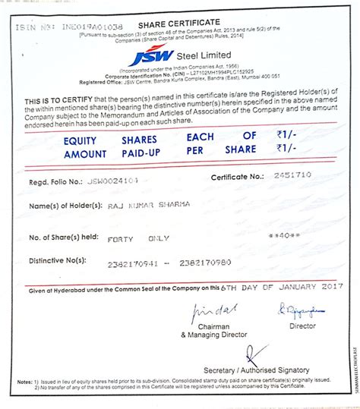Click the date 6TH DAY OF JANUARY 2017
coord(270,288)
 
